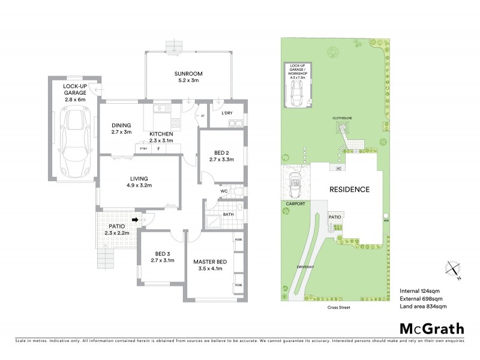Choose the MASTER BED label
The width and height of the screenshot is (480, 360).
[x=209, y=262]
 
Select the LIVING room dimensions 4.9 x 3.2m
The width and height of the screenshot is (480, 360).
[x=140, y=185]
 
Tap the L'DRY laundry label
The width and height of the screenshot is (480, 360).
[x=227, y=113]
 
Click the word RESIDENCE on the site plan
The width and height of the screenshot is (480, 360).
[x=349, y=189]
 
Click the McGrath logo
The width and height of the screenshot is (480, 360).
[x=431, y=328]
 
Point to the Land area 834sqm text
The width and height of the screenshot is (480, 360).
[x=423, y=307]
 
